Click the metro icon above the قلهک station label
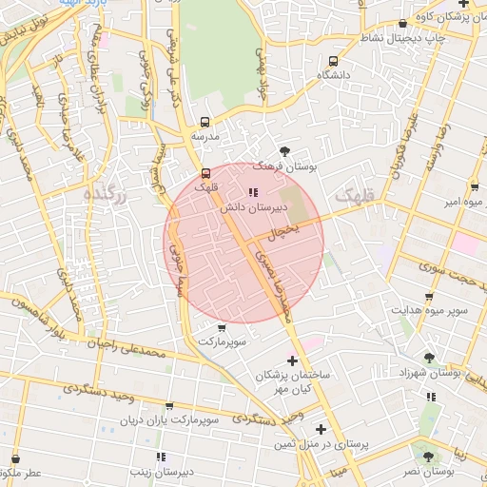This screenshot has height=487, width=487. tap(206, 172)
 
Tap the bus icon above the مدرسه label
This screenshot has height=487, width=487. tap(205, 122)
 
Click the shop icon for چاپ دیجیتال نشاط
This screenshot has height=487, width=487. tap(403, 24)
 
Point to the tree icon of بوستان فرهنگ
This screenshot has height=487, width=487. tap(284, 150)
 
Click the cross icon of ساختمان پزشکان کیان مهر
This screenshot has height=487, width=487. tap(292, 360)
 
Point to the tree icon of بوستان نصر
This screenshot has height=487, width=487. tap(427, 457)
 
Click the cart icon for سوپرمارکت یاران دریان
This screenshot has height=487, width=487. tap(170, 405)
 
